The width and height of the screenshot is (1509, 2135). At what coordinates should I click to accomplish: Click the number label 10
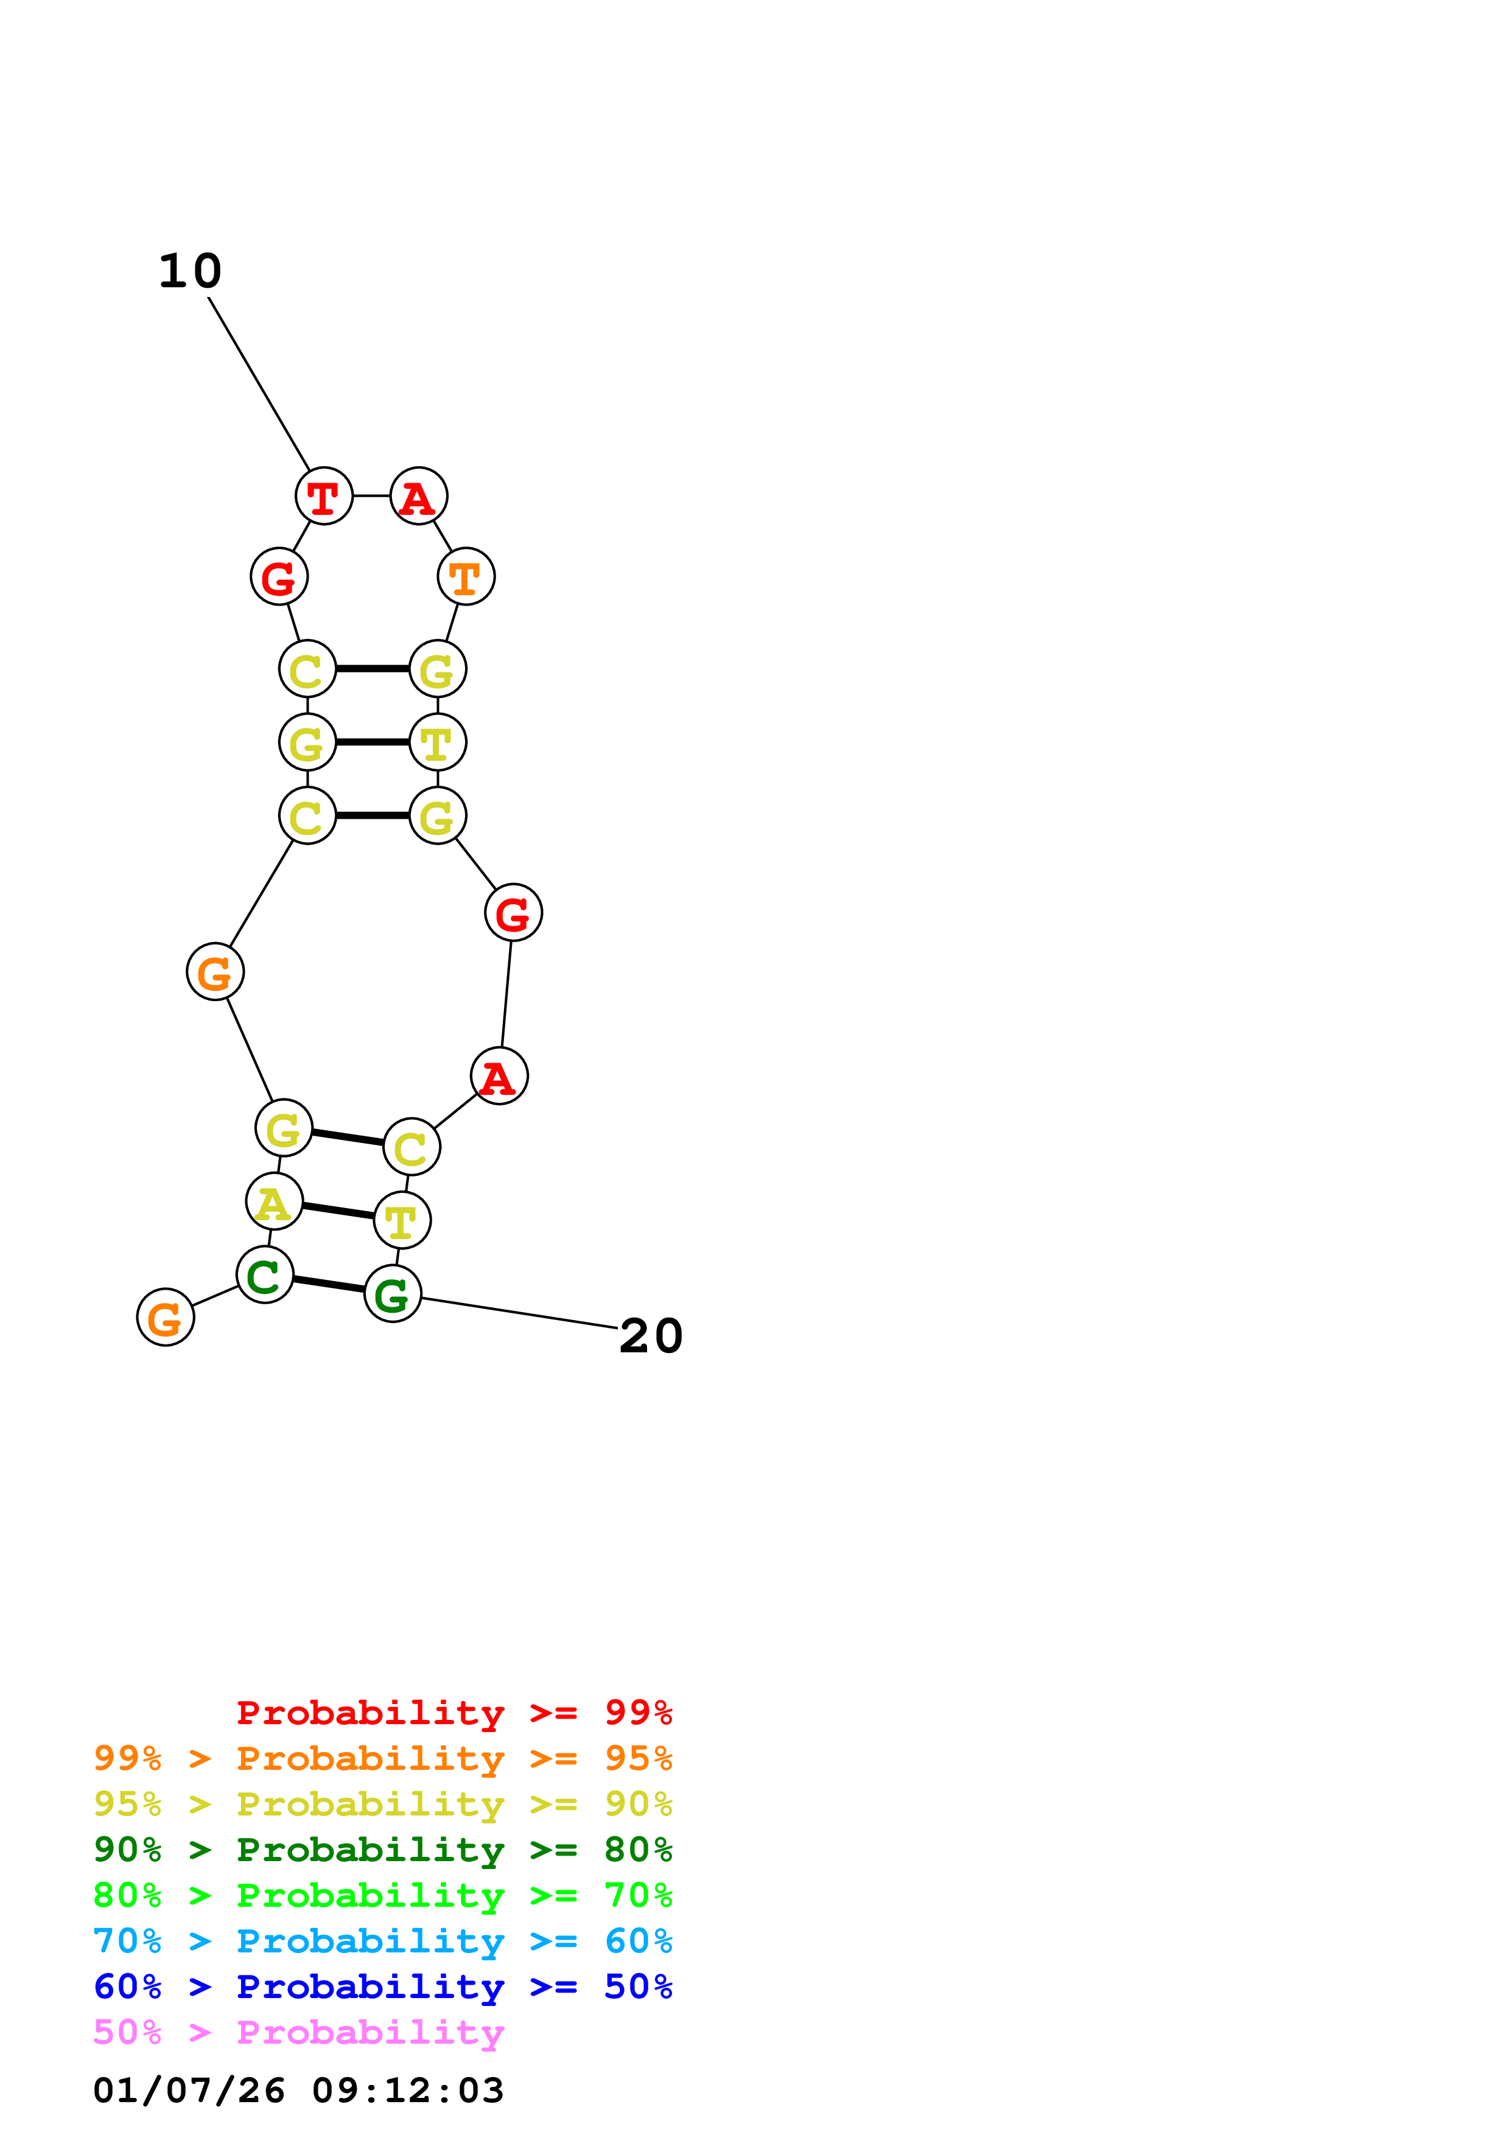pyautogui.click(x=190, y=271)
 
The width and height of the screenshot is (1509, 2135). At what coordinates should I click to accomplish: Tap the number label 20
pyautogui.click(x=651, y=1337)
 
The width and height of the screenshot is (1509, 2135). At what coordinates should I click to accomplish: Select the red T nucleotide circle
pyautogui.click(x=324, y=497)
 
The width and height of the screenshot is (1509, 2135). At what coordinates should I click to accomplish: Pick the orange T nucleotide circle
pyautogui.click(x=466, y=576)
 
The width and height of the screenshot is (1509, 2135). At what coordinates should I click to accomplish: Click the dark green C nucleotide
pyautogui.click(x=265, y=1275)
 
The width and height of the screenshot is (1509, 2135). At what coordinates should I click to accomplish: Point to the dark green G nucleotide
pyautogui.click(x=393, y=1293)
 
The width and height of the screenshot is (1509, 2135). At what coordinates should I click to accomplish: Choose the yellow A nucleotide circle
pyautogui.click(x=275, y=1201)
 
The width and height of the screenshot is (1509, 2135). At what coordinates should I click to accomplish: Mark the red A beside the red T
pyautogui.click(x=418, y=497)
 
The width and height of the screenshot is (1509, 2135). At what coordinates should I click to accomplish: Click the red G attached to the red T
pyautogui.click(x=279, y=576)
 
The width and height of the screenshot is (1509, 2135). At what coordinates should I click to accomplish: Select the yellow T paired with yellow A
pyautogui.click(x=402, y=1221)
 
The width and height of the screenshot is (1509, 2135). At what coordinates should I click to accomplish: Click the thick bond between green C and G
pyautogui.click(x=328, y=1284)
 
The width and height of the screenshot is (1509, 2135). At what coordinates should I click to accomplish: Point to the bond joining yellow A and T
pyautogui.click(x=337, y=1211)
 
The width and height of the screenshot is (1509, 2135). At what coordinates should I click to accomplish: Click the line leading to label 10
pyautogui.click(x=259, y=383)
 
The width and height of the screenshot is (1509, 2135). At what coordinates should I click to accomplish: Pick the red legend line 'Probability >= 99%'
pyautogui.click(x=453, y=1712)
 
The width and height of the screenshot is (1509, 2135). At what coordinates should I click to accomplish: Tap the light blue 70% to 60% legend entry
pyautogui.click(x=382, y=1941)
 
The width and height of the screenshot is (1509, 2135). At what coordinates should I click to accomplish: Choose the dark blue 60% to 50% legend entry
pyautogui.click(x=382, y=1986)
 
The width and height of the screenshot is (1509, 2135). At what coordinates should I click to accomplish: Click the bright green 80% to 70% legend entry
pyautogui.click(x=382, y=1895)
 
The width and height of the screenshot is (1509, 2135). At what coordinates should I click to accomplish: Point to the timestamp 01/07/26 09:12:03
pyautogui.click(x=298, y=2091)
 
